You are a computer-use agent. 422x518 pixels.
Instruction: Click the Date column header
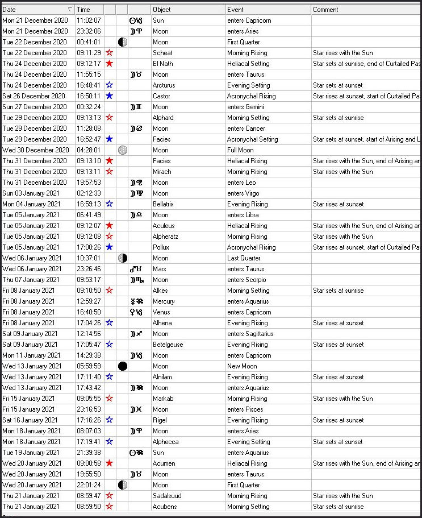[x=34, y=10]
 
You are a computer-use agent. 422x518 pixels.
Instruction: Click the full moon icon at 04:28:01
[x=122, y=150]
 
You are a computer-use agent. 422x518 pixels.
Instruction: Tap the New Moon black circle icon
[x=122, y=366]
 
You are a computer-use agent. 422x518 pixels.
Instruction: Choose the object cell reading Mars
[x=160, y=269]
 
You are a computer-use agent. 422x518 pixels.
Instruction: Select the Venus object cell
[x=161, y=312]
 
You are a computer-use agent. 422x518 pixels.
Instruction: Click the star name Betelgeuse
[x=168, y=345]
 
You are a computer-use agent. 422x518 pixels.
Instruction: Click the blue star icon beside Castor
[x=110, y=96]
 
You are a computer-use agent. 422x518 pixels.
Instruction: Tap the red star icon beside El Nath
[x=110, y=64]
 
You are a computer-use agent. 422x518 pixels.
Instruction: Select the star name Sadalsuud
[x=167, y=496]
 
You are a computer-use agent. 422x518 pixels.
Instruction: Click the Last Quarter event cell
[x=244, y=258]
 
